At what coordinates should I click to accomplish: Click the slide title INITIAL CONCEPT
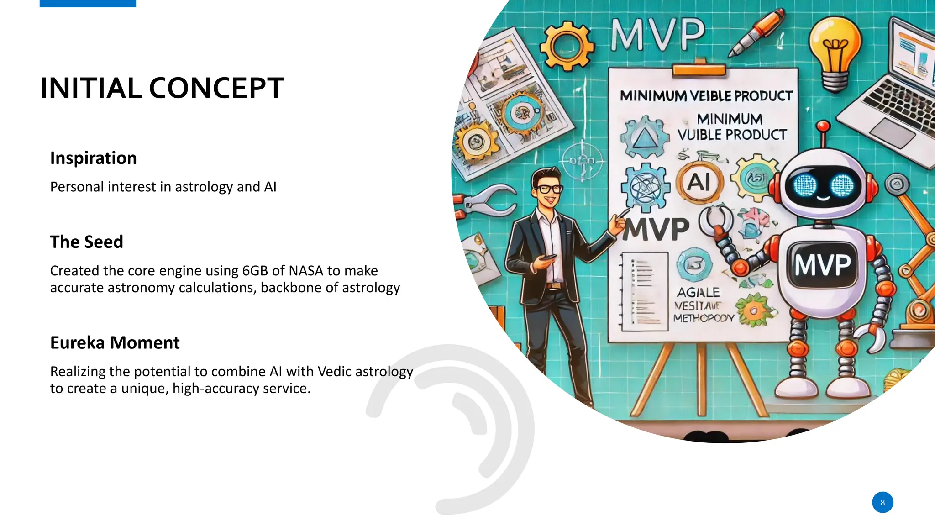(x=162, y=88)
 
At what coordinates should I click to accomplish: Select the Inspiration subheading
(x=93, y=158)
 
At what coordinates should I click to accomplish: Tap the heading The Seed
(x=86, y=242)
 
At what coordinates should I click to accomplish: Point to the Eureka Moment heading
(x=115, y=342)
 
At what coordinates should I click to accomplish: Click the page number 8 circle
(x=882, y=502)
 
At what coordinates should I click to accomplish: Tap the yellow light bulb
(x=835, y=50)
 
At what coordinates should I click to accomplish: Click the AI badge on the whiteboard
(x=699, y=182)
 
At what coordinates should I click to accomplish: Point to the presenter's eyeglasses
(x=549, y=188)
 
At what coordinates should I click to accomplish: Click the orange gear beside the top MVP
(x=567, y=46)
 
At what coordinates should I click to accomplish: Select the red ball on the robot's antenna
(x=823, y=126)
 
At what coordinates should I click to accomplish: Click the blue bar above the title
(x=88, y=3)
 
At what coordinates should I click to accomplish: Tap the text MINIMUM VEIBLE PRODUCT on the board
(x=706, y=96)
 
